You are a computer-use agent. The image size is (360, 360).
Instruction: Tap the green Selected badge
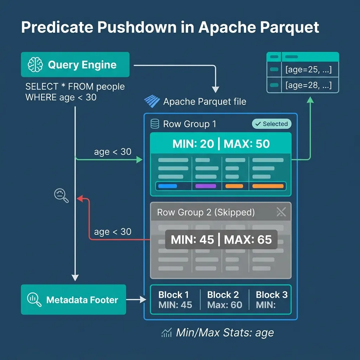[x=272, y=124]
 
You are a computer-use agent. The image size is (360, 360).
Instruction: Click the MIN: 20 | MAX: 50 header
[x=221, y=144]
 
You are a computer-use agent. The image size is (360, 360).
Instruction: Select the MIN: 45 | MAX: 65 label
[x=221, y=240]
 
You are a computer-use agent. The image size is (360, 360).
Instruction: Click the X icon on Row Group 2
[x=281, y=212]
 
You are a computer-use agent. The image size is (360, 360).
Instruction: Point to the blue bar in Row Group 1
[x=168, y=186]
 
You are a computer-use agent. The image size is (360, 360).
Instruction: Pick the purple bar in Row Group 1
[x=206, y=186]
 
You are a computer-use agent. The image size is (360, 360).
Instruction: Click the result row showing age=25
[x=308, y=70]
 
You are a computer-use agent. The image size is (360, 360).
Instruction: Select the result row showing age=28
[x=308, y=85]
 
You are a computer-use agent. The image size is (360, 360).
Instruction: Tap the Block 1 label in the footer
[x=173, y=295]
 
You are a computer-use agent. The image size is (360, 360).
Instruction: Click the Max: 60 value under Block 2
[x=225, y=305]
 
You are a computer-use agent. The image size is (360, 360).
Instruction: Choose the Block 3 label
[x=271, y=295]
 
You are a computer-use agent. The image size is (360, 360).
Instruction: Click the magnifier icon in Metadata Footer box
[x=34, y=300]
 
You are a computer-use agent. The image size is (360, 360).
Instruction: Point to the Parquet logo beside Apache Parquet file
[x=152, y=102]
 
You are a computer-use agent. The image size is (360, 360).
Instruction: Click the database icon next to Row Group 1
[x=154, y=124]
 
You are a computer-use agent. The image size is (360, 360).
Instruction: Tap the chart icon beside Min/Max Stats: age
[x=166, y=333]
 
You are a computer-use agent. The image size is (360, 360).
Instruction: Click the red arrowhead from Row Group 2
[x=80, y=199]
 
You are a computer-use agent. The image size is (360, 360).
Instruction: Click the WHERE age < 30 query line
[x=61, y=97]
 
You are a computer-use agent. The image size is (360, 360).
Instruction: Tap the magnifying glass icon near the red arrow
[x=61, y=195]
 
